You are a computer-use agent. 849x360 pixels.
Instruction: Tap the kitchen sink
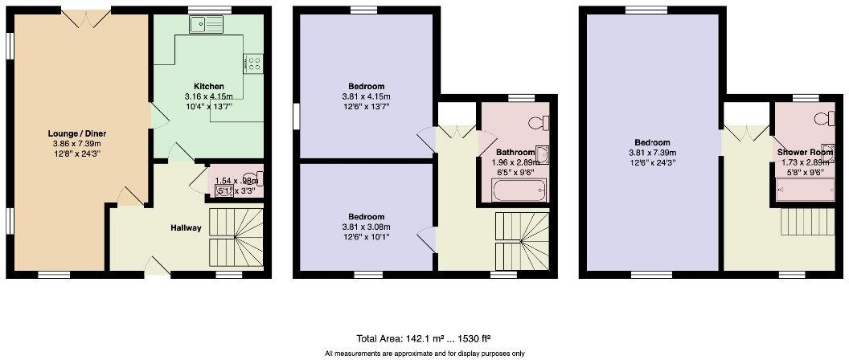207,25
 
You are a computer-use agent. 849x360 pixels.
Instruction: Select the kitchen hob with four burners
254,62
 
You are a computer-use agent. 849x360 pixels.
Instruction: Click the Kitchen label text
208,87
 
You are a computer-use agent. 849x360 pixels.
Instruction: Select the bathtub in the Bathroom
519,191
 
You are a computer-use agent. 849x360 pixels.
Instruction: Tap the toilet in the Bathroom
540,123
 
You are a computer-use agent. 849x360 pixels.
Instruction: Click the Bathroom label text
515,152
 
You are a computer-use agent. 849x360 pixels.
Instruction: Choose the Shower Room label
804,152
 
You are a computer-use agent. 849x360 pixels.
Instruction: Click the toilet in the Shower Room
824,119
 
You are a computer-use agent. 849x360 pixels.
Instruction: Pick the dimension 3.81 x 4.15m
366,96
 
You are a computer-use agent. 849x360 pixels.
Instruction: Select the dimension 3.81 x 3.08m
366,227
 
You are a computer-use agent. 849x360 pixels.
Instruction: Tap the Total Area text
424,338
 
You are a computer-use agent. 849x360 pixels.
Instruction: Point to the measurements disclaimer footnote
424,354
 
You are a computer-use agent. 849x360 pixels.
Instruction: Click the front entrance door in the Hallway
157,269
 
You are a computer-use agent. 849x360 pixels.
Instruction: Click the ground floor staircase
236,238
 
